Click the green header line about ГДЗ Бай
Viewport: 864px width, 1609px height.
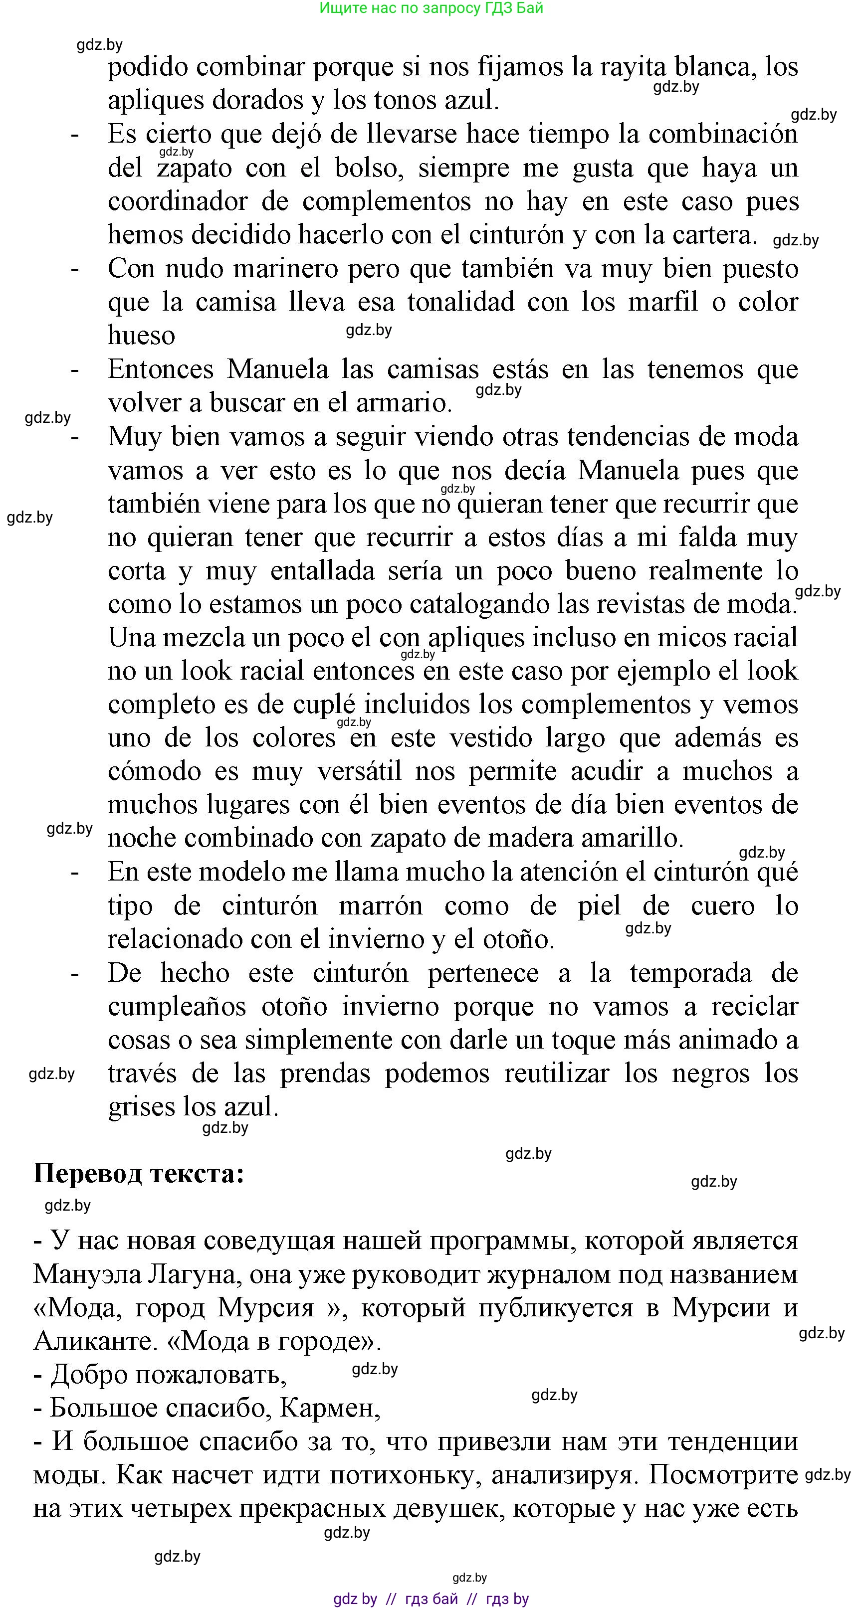pos(431,8)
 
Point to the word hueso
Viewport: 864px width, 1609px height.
pos(141,336)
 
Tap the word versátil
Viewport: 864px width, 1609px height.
pos(359,771)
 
